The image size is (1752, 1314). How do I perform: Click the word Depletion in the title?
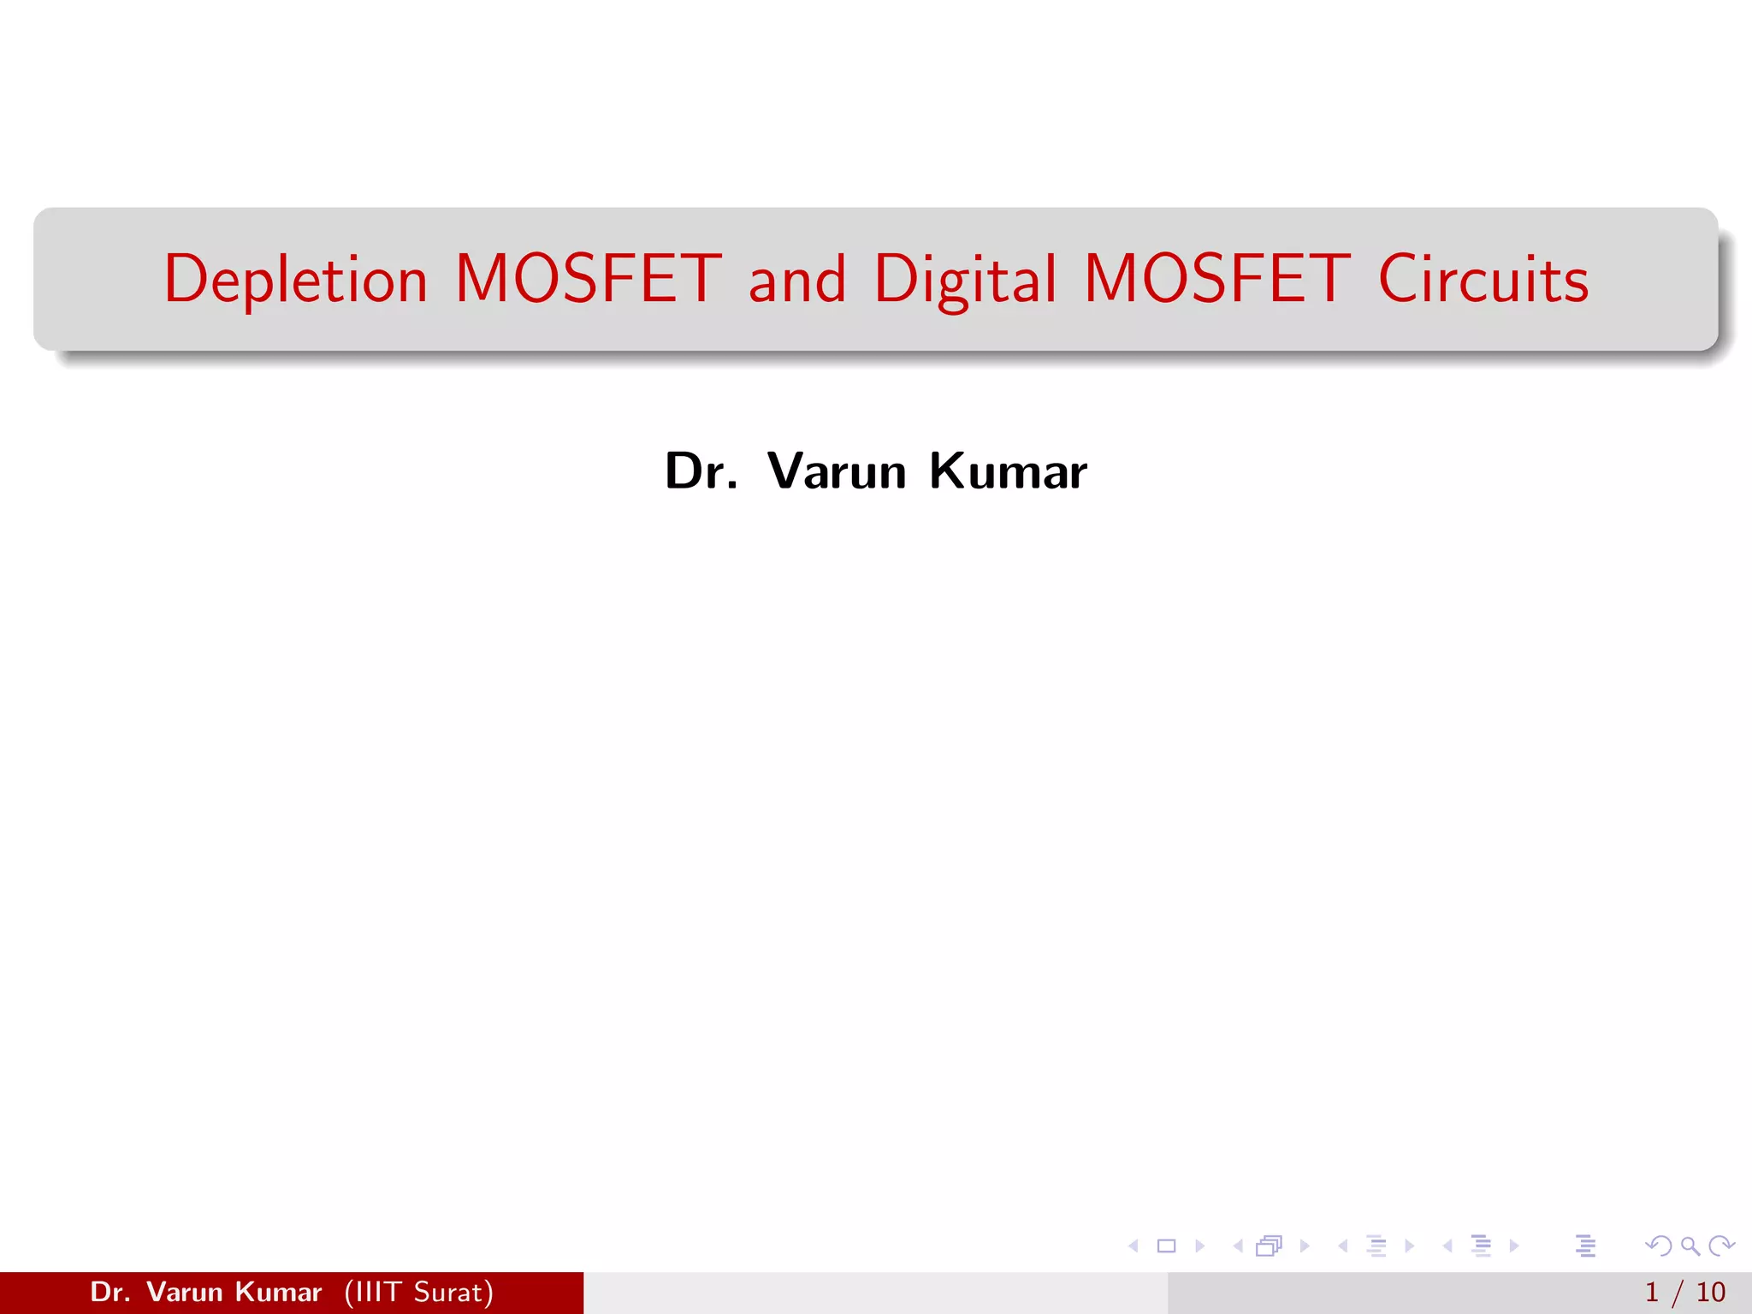click(295, 280)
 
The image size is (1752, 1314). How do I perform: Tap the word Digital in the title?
click(965, 280)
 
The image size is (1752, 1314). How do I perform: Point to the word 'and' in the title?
click(797, 280)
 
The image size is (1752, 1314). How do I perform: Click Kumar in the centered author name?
click(1008, 471)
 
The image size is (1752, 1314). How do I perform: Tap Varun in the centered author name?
click(837, 471)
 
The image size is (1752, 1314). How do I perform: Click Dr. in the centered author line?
click(701, 471)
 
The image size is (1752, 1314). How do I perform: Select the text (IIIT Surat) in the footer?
click(419, 1292)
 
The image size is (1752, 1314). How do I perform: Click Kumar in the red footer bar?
click(278, 1292)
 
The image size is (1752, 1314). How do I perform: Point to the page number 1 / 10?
click(1684, 1292)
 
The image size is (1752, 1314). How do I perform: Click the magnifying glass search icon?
click(1690, 1246)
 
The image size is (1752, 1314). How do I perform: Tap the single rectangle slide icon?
click(1166, 1246)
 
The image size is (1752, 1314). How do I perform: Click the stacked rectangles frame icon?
click(1269, 1246)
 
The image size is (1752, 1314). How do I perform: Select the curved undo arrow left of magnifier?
click(1658, 1246)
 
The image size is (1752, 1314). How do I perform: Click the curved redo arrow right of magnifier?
click(1721, 1246)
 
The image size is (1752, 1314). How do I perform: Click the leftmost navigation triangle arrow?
click(1133, 1246)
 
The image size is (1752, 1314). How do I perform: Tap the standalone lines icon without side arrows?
click(1585, 1246)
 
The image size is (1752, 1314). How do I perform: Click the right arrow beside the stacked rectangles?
click(1305, 1246)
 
